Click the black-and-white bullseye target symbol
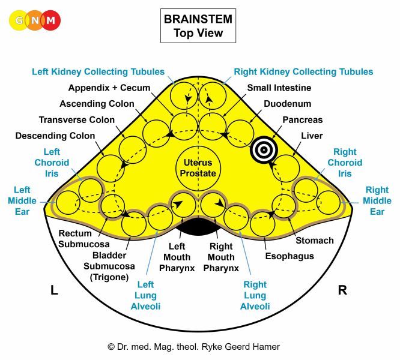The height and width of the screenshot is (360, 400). [262, 150]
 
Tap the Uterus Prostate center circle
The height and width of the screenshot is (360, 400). [198, 165]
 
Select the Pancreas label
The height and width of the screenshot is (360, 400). [302, 120]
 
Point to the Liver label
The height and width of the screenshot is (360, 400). [312, 136]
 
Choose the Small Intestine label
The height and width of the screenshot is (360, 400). [279, 88]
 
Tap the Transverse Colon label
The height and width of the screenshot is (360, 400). [76, 120]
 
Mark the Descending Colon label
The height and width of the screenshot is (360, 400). [55, 136]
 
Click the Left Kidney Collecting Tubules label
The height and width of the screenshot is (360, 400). [98, 72]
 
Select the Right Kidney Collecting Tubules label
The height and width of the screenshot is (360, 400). [303, 72]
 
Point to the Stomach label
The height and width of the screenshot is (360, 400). [314, 241]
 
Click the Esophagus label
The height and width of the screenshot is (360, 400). [289, 256]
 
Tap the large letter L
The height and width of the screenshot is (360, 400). [54, 290]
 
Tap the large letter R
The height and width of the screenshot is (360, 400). [342, 290]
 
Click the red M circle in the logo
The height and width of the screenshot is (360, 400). [50, 20]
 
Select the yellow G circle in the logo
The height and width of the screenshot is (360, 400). [19, 20]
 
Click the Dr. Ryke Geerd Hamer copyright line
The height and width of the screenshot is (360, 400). [193, 347]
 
